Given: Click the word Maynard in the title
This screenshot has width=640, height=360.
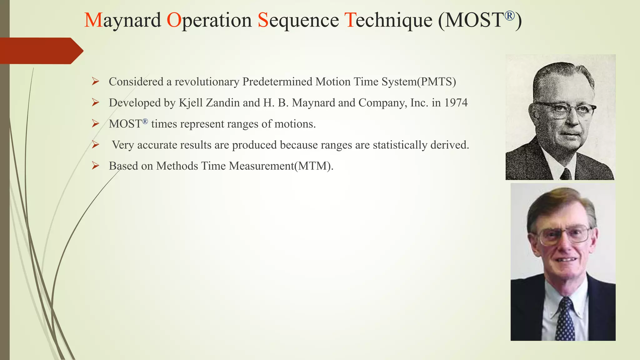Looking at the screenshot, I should click(122, 20).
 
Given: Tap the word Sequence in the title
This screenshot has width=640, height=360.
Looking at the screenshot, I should click(298, 20).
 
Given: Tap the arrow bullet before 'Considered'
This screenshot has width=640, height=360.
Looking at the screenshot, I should click(95, 82).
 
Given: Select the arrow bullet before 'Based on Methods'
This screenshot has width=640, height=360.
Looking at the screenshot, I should click(95, 166).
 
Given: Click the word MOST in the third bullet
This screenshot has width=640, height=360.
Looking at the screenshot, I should click(125, 124).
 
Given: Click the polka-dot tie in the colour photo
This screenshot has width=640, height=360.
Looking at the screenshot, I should click(565, 319).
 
